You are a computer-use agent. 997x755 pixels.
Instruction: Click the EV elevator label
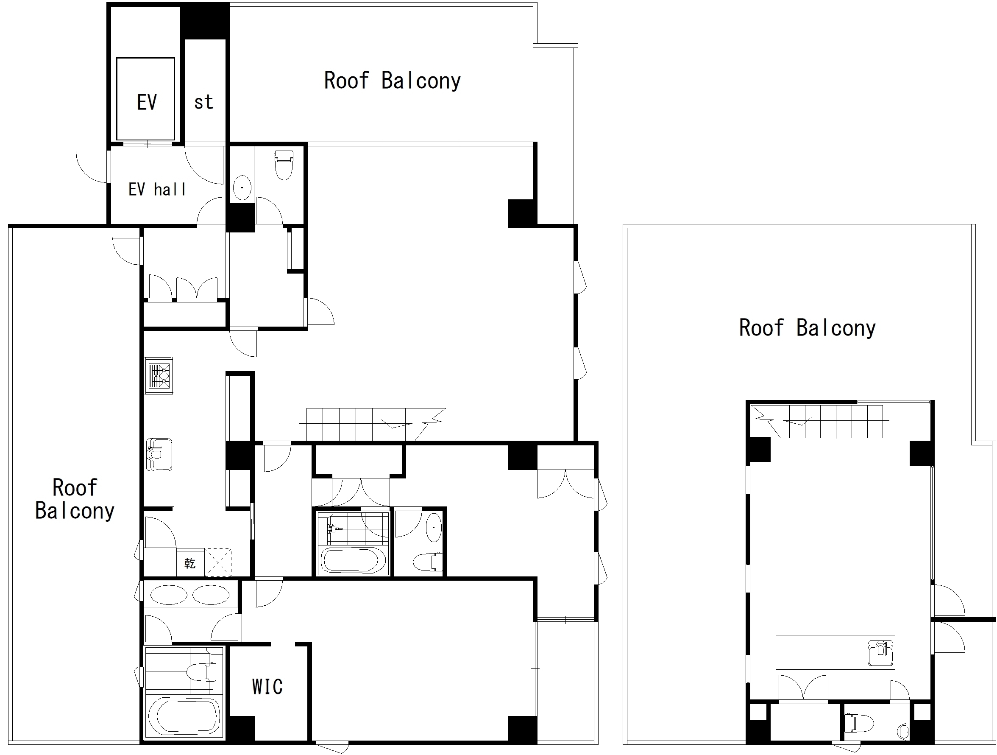[x=147, y=102]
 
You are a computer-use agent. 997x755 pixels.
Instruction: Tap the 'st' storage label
[x=203, y=102]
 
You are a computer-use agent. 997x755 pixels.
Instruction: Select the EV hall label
[x=157, y=190]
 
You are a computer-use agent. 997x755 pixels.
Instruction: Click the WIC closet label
[x=267, y=686]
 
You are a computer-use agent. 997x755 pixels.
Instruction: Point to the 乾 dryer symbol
[x=190, y=563]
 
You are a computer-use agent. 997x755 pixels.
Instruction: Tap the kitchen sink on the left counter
[x=159, y=454]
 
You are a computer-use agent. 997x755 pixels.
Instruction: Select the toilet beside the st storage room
[x=284, y=165]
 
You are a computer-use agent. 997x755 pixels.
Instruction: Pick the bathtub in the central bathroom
[x=353, y=561]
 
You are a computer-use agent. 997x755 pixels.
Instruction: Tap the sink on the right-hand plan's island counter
[x=880, y=653]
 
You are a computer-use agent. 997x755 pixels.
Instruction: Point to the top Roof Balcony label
[x=392, y=81]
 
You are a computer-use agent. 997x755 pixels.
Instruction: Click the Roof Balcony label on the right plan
[x=807, y=328]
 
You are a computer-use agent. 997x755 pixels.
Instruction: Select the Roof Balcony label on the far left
[x=75, y=499]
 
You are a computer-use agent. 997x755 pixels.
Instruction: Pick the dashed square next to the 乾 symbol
[x=218, y=562]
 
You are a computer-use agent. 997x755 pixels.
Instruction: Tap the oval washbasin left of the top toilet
[x=242, y=187]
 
